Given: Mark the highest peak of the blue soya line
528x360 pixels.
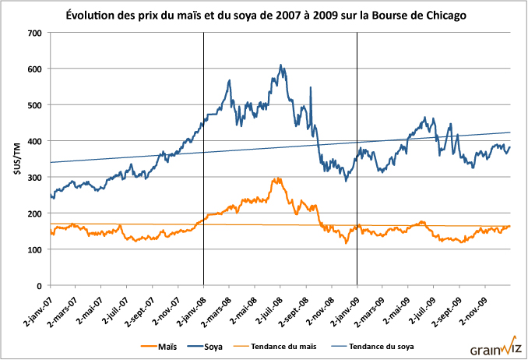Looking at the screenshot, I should [280, 65].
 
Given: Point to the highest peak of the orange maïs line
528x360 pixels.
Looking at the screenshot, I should [277, 178].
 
